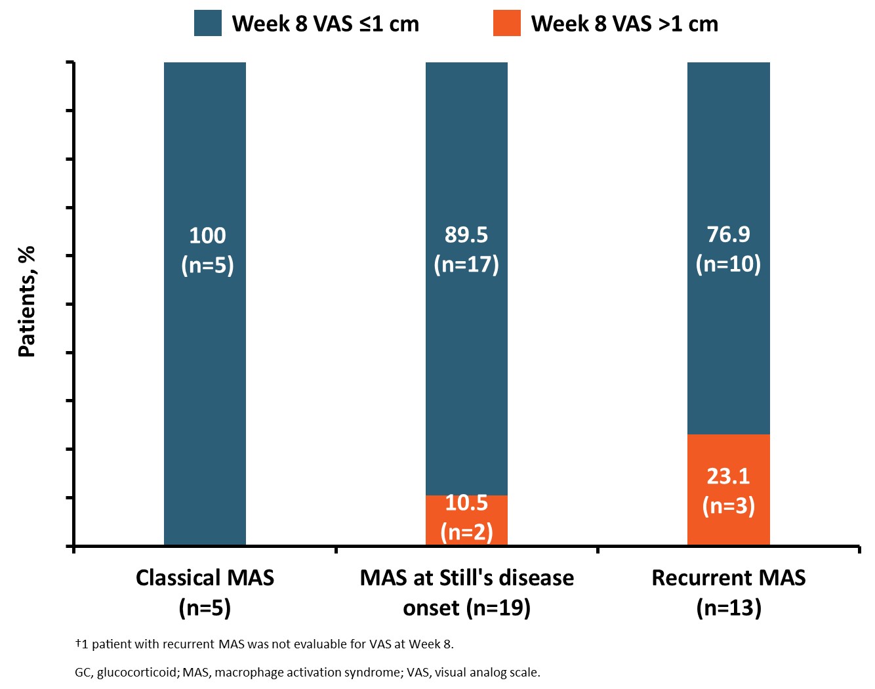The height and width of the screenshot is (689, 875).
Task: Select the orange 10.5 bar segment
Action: point(466,520)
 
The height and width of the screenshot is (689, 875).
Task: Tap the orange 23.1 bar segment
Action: point(728,490)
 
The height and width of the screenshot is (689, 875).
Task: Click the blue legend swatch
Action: point(208,24)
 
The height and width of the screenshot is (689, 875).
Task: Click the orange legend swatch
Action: point(507,24)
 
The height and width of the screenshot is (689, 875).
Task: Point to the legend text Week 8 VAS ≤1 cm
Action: point(325,24)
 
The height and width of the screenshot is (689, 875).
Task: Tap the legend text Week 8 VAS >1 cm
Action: point(624,24)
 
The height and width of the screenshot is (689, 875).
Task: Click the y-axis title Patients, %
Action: point(27,302)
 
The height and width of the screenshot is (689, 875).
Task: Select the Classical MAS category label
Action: point(205,593)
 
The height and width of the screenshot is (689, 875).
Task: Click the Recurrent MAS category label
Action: point(728,593)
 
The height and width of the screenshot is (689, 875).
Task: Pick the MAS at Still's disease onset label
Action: point(466,593)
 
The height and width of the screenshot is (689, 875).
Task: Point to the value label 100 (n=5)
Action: point(207,250)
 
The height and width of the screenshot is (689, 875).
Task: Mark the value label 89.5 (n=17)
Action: point(466,249)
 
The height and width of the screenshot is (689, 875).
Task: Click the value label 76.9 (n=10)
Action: point(728,249)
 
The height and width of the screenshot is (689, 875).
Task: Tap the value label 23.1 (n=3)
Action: point(728,490)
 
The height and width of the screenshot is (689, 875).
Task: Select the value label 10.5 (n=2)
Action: point(466,517)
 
